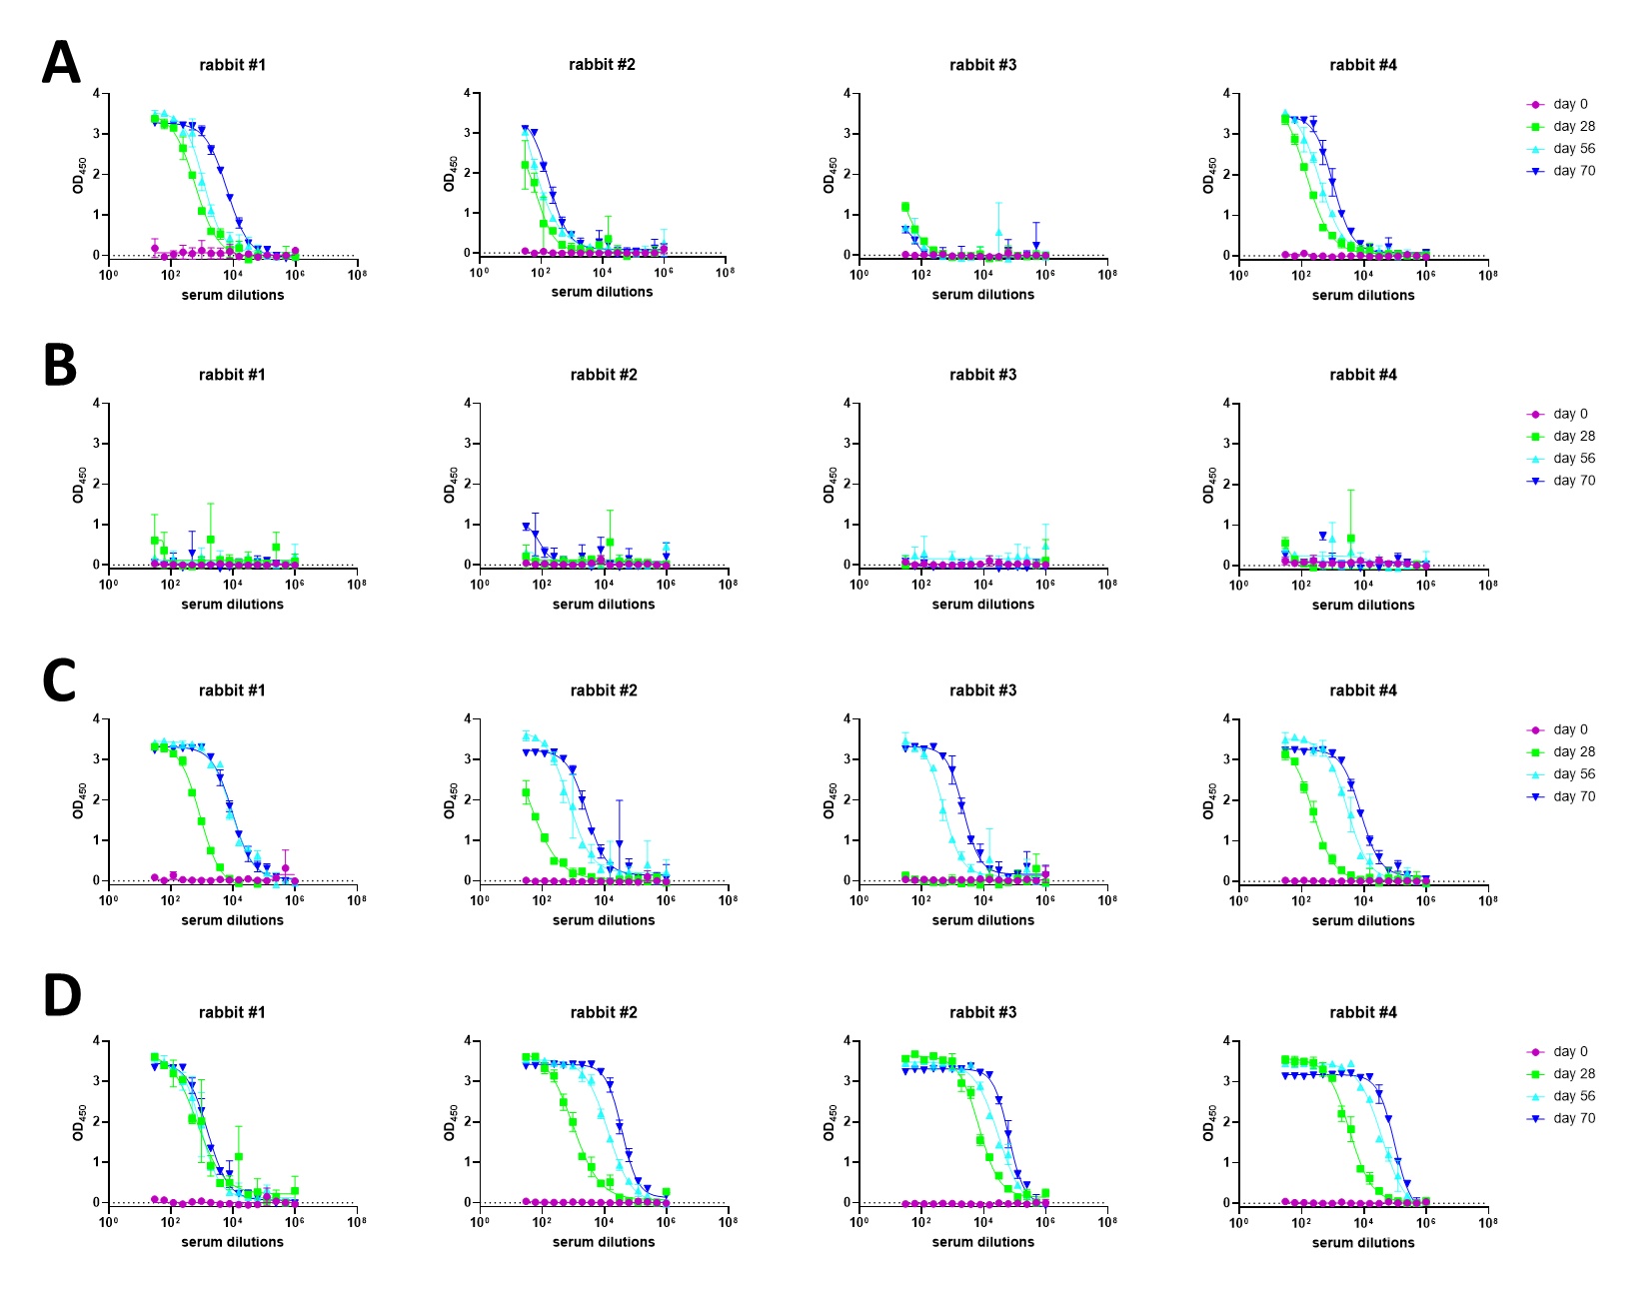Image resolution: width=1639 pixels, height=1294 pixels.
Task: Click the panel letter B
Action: coord(60,366)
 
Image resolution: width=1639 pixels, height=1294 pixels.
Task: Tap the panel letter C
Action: coord(60,681)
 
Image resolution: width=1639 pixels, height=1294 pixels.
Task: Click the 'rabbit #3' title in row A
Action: coord(982,65)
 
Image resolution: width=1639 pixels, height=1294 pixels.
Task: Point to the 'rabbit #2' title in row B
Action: coord(604,375)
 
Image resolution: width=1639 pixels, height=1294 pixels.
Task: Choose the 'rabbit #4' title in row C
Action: coord(1363,690)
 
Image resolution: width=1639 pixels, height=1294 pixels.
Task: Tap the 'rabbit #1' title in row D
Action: coord(232,1012)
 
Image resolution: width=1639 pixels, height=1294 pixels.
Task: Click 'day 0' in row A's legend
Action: coord(1570,104)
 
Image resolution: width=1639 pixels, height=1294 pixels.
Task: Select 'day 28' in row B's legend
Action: coord(1574,436)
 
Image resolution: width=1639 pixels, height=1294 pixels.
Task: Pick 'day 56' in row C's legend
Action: coord(1574,774)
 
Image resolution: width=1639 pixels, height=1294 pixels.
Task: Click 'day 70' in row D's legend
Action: coord(1574,1118)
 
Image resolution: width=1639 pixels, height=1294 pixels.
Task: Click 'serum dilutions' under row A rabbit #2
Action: coord(602,292)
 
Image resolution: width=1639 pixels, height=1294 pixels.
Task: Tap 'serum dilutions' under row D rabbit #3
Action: coord(983,1242)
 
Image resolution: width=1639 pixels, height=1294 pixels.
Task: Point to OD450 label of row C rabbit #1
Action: coord(79,799)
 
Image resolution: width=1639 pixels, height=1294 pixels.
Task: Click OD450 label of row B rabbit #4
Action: coord(1210,484)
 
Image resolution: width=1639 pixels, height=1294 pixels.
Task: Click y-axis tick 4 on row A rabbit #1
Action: coord(96,94)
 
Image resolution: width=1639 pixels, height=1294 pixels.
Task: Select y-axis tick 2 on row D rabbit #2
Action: coord(468,1121)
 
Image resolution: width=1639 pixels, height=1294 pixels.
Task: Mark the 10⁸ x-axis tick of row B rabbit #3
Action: coord(1107,585)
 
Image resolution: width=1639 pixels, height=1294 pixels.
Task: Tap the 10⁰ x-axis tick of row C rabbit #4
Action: coord(1238,900)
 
